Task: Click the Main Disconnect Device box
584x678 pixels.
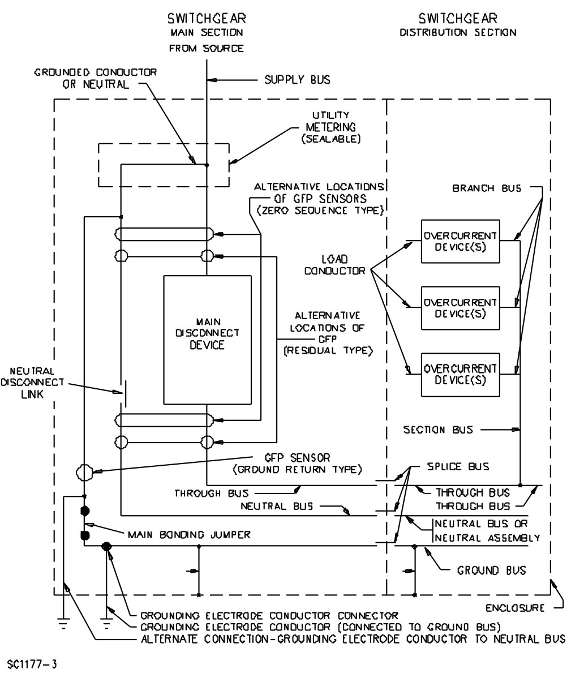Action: [x=207, y=340]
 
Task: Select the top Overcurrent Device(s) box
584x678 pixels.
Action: [x=460, y=241]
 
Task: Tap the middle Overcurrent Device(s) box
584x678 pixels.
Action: [x=460, y=308]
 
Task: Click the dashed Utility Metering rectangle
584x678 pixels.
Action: [x=164, y=165]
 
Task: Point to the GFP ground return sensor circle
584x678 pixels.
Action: [x=84, y=471]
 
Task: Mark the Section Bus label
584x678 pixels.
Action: [x=439, y=430]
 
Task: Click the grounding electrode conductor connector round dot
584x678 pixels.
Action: [x=106, y=546]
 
